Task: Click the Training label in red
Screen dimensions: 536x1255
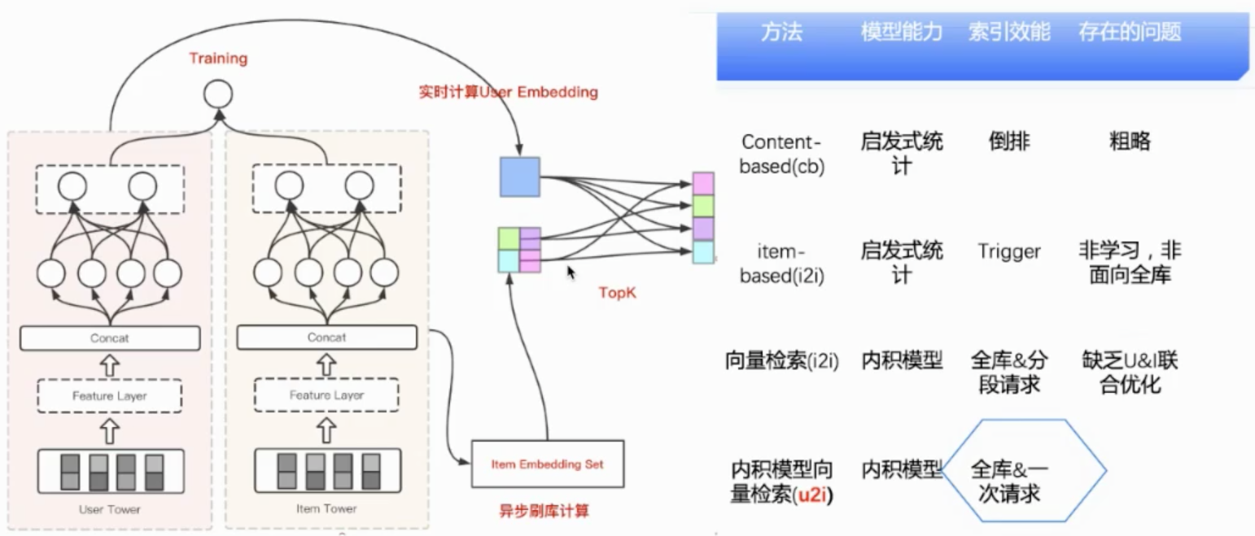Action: tap(218, 59)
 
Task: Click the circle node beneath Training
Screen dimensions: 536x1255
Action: tap(218, 95)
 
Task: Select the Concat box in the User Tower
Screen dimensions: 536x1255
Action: tap(110, 338)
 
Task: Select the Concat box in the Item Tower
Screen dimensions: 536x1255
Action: tap(326, 337)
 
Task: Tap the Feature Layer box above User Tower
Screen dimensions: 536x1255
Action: tap(110, 396)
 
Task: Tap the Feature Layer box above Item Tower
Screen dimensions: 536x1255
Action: tap(326, 396)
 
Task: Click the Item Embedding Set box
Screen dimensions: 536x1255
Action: tap(547, 464)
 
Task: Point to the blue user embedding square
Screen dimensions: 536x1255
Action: tap(519, 176)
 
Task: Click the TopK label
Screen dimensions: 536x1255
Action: tap(617, 293)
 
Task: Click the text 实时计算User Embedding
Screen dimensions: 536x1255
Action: tap(508, 92)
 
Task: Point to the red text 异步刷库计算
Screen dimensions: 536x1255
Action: tap(543, 512)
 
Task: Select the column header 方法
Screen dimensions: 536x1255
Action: tap(781, 33)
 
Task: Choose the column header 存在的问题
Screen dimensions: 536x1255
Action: tap(1129, 33)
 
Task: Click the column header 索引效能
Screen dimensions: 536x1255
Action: tap(1008, 33)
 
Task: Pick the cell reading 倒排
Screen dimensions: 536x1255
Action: tap(1008, 142)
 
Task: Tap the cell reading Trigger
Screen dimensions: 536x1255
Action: tap(1009, 252)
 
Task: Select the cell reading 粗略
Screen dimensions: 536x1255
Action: tap(1129, 142)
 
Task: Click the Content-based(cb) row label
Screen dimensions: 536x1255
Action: tap(782, 154)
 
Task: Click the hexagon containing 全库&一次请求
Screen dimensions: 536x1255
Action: tap(1024, 471)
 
